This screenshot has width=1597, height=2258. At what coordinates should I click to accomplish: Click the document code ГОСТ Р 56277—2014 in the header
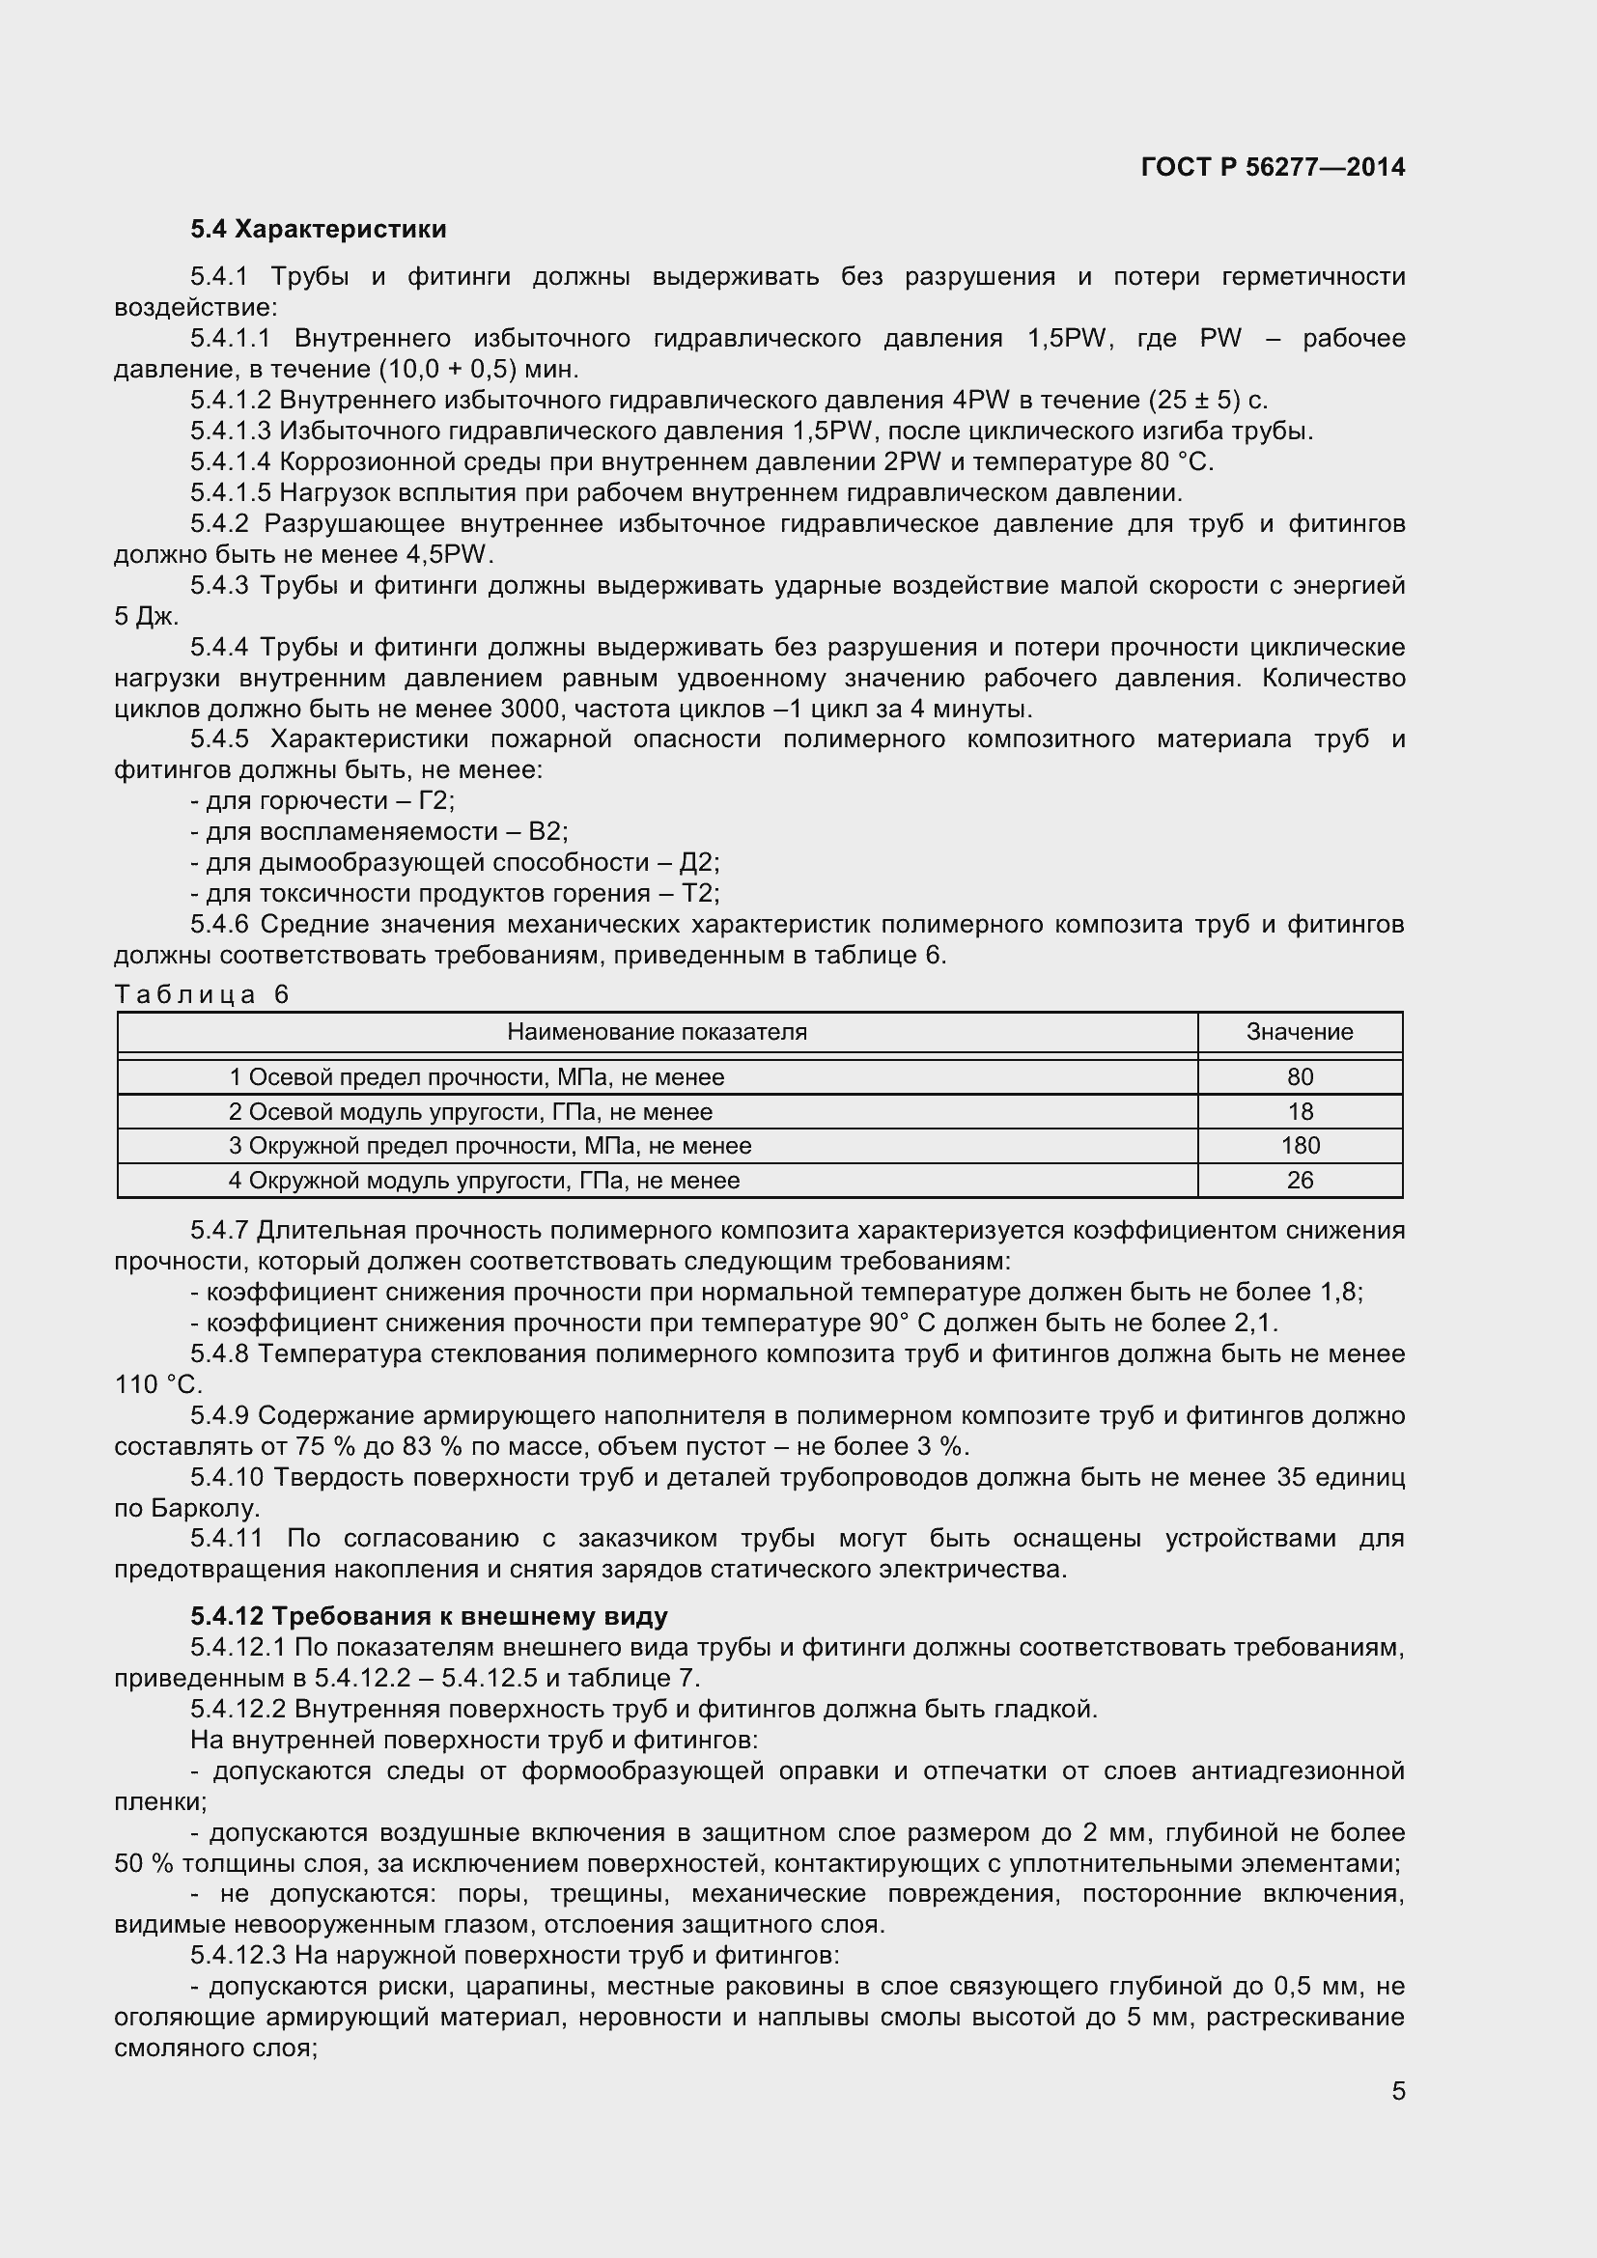pos(1273,167)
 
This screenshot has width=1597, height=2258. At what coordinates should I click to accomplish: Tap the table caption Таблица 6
pos(203,994)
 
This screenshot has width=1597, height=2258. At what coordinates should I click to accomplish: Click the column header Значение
pos(1299,1032)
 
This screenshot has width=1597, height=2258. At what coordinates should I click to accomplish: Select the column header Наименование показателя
pos(657,1032)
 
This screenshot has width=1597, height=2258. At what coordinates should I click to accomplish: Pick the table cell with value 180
pos(1299,1146)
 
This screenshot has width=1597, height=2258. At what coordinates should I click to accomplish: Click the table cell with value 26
pos(1299,1180)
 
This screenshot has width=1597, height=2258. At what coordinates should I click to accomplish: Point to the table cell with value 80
pos(1299,1077)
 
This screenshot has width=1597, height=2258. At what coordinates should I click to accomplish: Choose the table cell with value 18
pos(1299,1111)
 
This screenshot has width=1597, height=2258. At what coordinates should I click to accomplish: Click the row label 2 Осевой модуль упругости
pos(470,1111)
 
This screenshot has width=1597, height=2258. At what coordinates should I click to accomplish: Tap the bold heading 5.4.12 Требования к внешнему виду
pos(429,1616)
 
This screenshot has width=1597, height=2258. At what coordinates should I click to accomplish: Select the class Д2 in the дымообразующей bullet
pos(699,862)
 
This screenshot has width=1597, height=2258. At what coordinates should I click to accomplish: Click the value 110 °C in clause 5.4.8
pos(157,1384)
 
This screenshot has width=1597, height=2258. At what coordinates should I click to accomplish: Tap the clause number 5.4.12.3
pos(241,1955)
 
